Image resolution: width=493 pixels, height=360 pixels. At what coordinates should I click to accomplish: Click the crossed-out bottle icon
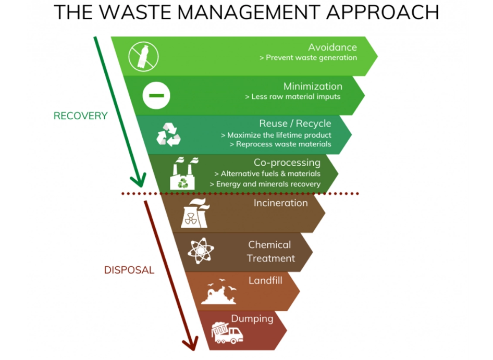click(143, 56)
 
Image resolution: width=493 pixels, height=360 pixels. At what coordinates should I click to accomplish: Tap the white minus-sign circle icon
click(156, 95)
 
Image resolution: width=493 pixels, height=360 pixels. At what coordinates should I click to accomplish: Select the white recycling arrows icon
click(169, 134)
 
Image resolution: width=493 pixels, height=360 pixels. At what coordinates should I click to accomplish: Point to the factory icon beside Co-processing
click(182, 173)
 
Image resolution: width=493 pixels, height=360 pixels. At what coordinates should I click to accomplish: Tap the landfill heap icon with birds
click(219, 292)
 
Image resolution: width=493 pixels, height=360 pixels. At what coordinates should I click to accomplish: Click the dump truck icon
click(227, 332)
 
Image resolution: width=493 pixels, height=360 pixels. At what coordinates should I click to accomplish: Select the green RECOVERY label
click(80, 116)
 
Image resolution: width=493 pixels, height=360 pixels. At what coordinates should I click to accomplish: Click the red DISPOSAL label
click(129, 270)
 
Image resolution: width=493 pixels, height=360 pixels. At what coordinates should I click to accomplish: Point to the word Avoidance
click(332, 47)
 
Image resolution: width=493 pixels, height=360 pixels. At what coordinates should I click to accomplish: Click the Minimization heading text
click(313, 86)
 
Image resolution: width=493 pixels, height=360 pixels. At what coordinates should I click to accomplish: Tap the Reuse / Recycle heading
click(295, 123)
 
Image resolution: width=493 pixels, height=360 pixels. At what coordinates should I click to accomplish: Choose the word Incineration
click(281, 203)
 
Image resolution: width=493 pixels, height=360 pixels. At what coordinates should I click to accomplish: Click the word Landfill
click(265, 280)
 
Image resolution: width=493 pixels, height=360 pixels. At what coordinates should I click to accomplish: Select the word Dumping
click(252, 319)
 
